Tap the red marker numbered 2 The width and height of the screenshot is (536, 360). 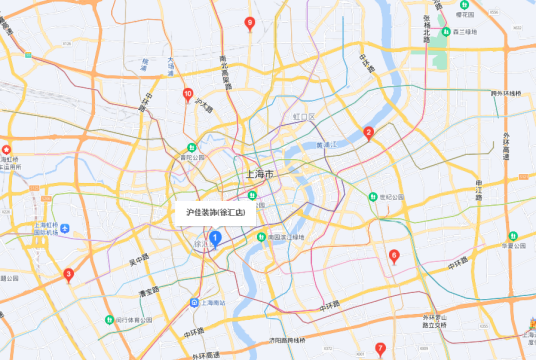click(368, 133)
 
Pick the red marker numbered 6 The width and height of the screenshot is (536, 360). click(393, 257)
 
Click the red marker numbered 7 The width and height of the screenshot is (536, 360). click(379, 349)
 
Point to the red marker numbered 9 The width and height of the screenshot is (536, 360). click(249, 23)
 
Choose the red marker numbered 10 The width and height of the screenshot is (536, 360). click(187, 95)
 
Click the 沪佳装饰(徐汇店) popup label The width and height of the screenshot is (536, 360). click(215, 213)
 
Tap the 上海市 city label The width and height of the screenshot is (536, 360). click(259, 175)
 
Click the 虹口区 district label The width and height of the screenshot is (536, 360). click(303, 118)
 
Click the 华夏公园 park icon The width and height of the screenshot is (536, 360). click(511, 236)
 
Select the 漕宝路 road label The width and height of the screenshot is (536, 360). click(147, 291)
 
